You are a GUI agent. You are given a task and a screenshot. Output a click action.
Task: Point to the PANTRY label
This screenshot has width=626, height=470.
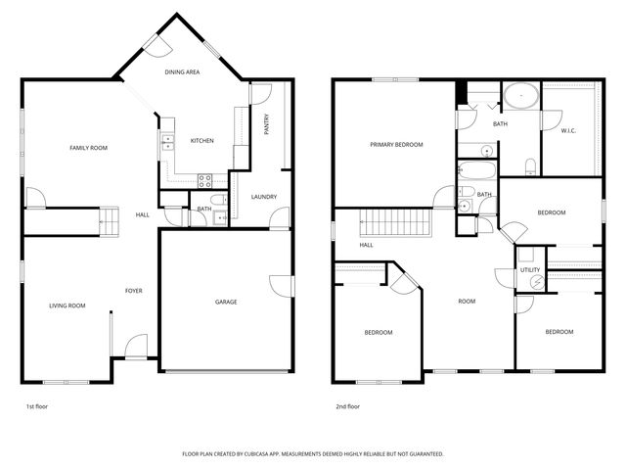coord(266,124)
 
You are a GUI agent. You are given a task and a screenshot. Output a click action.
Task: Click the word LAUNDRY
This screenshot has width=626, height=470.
coord(264,197)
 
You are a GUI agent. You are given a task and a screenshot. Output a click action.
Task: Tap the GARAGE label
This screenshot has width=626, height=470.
coord(226,302)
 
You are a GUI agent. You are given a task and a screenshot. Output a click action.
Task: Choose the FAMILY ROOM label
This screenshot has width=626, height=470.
coord(88,148)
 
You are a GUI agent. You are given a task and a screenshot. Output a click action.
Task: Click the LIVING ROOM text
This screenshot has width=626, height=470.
coord(67,305)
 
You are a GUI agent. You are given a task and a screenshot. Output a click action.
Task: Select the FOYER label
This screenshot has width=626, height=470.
coord(134,291)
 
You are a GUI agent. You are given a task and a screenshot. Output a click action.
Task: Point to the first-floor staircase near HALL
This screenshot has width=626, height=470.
coord(110,221)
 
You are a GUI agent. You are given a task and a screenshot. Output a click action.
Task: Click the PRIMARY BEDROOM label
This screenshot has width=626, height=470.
coord(396,145)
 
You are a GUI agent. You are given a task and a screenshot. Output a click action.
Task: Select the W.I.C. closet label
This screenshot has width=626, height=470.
coord(568,130)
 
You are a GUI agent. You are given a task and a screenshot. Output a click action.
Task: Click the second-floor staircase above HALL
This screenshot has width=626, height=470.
coord(395,222)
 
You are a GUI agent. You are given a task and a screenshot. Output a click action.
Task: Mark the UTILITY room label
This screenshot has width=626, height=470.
coord(530,269)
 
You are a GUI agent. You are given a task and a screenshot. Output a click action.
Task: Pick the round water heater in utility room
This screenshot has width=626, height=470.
coord(533,283)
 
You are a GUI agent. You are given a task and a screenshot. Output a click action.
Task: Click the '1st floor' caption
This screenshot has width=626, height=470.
coord(36,404)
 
